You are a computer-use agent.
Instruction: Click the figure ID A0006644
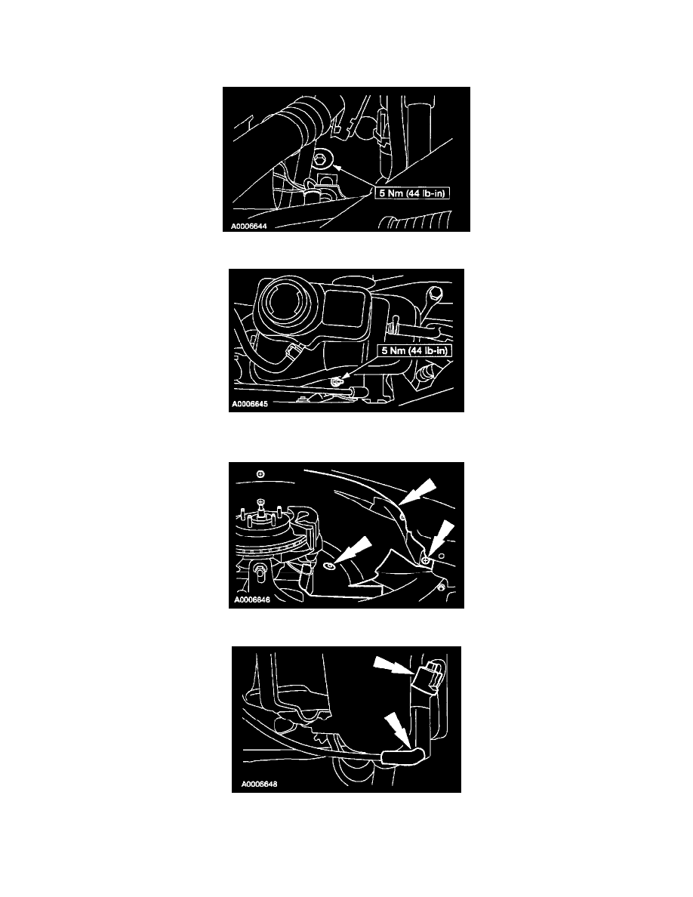click(248, 226)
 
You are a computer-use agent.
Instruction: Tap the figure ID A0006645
click(250, 404)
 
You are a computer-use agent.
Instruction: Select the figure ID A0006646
click(252, 600)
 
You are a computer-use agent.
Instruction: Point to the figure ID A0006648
click(259, 784)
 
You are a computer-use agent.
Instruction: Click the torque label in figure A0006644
click(411, 193)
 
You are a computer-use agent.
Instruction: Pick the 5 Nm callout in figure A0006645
click(414, 350)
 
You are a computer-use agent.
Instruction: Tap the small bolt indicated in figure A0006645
click(336, 381)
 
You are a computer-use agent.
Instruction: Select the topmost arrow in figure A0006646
click(417, 492)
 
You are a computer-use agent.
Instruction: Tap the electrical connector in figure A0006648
click(429, 675)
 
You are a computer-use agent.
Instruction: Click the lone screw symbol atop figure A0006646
click(260, 473)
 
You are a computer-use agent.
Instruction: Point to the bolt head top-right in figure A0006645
click(436, 293)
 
